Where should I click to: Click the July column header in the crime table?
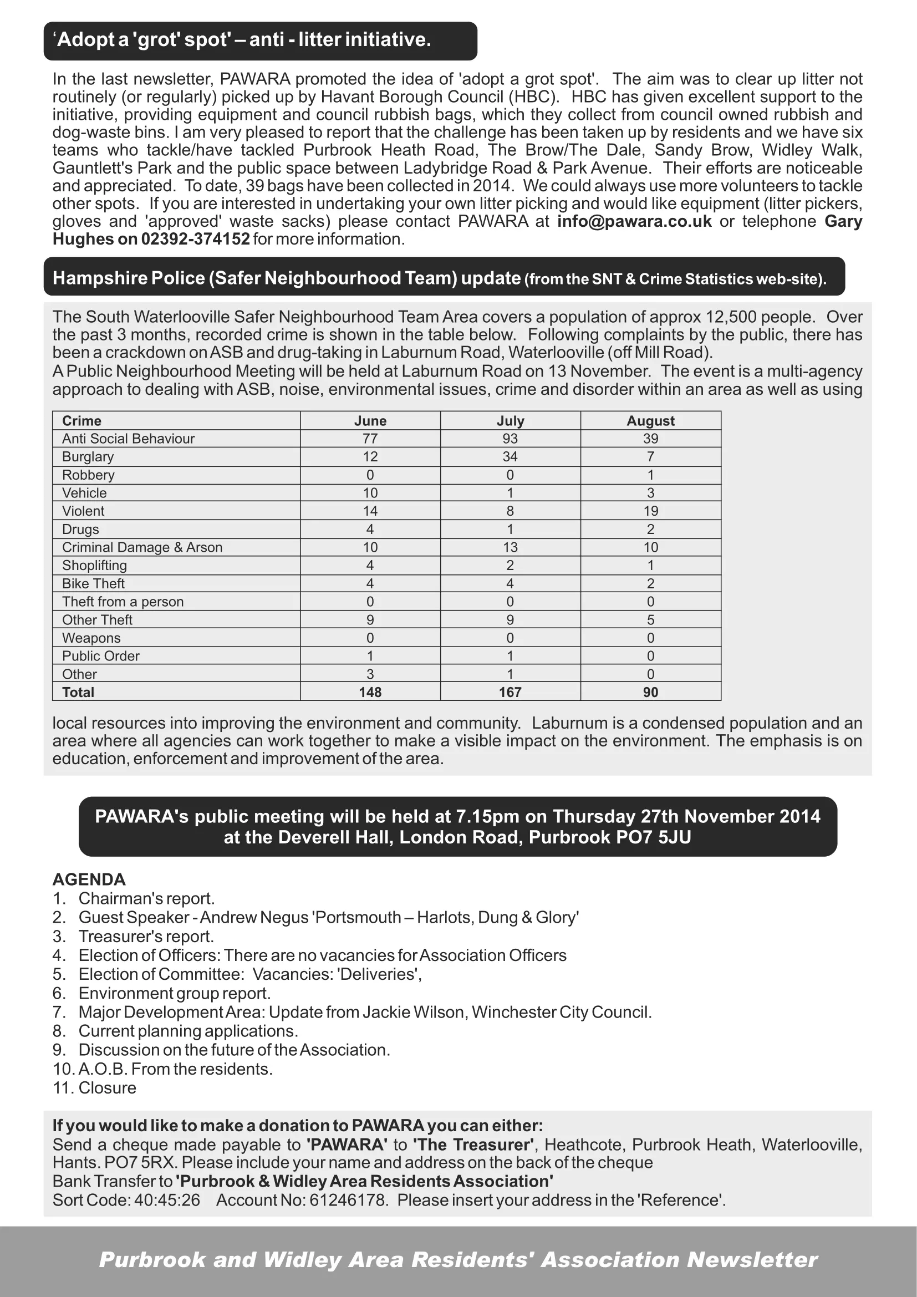point(510,421)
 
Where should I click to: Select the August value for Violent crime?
point(650,511)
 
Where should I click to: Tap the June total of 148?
point(370,692)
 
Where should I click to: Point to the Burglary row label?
point(88,456)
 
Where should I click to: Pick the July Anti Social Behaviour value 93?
point(510,439)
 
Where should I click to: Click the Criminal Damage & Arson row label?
point(142,547)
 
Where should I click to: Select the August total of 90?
point(650,692)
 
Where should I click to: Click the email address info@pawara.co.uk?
point(634,221)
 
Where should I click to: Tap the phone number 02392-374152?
point(195,239)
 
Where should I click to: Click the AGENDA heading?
point(89,879)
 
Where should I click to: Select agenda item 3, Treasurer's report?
point(146,937)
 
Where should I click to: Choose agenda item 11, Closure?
point(108,1088)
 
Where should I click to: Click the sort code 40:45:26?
point(167,1201)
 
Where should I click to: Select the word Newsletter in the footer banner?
point(752,1260)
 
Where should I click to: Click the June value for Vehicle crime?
point(370,493)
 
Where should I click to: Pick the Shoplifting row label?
point(94,566)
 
